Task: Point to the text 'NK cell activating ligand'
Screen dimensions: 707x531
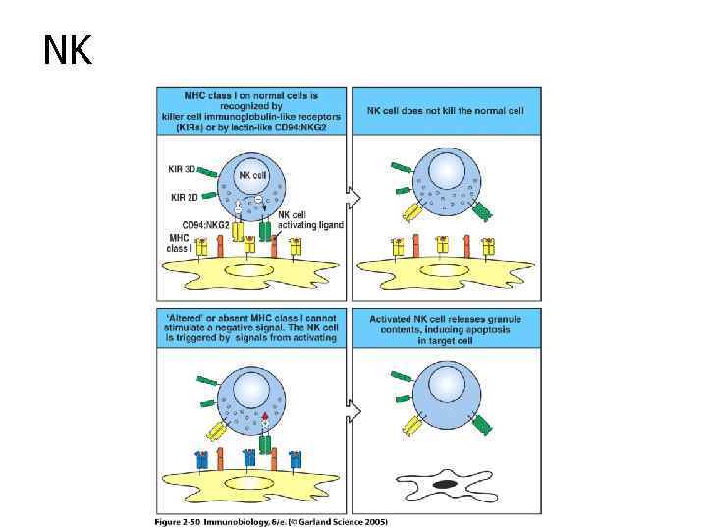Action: click(311, 219)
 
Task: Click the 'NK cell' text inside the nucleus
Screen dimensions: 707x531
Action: click(251, 175)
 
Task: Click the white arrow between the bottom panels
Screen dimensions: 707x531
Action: click(355, 408)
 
